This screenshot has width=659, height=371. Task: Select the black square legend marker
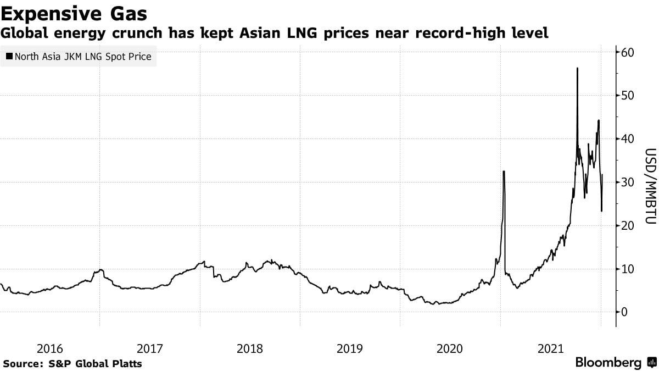(x=9, y=56)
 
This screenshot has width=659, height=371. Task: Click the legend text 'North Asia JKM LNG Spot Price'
(x=83, y=56)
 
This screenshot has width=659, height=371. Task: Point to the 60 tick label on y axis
(x=628, y=52)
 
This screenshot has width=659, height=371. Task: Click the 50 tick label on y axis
(x=628, y=96)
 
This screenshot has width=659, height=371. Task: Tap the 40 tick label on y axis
(x=628, y=139)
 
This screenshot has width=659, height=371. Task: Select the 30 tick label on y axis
(x=628, y=182)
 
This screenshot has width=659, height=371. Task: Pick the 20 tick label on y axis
(x=628, y=225)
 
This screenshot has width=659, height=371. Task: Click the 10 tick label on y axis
(x=628, y=269)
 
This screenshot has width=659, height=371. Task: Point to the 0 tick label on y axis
(x=625, y=312)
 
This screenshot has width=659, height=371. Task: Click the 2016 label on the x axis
(x=49, y=348)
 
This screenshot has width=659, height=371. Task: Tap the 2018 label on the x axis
(x=250, y=348)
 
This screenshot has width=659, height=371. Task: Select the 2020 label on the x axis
(x=450, y=348)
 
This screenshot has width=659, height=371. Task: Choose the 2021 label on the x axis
(x=550, y=348)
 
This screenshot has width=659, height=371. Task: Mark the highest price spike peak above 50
(x=577, y=68)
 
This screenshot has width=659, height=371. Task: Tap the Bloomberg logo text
(x=608, y=363)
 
